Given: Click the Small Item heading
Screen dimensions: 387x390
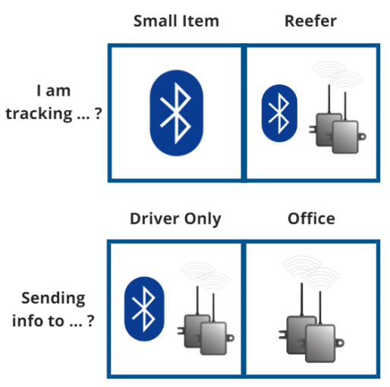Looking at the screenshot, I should pyautogui.click(x=176, y=20).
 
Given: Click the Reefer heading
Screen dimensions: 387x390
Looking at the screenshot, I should pyautogui.click(x=311, y=20).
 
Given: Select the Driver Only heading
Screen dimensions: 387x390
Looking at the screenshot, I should pyautogui.click(x=175, y=219).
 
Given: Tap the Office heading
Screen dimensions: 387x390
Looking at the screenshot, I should pyautogui.click(x=311, y=219).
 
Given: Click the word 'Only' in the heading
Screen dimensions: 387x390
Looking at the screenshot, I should pyautogui.click(x=203, y=219).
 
